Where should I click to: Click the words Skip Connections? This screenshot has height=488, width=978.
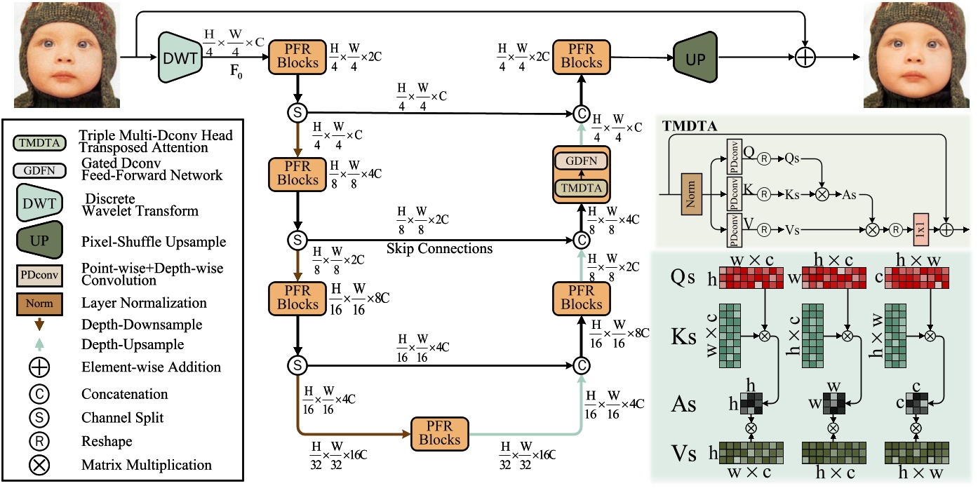439,248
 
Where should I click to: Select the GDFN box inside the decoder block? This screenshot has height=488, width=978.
581,161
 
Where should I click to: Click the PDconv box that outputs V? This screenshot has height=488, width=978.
734,230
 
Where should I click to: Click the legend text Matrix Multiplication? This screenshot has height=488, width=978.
147,464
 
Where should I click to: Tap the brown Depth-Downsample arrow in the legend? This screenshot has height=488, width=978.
39,325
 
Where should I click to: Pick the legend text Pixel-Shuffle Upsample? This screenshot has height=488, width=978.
153,242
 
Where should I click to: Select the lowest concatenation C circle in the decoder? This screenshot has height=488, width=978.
580,365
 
